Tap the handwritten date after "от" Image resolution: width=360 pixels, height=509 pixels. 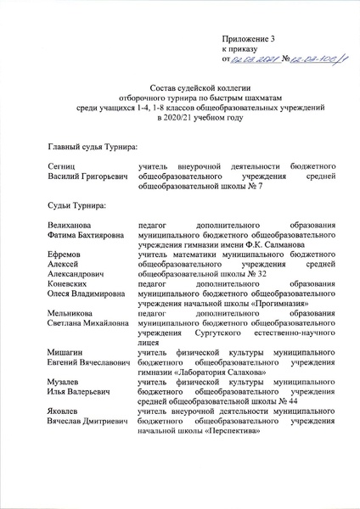[254, 60]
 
